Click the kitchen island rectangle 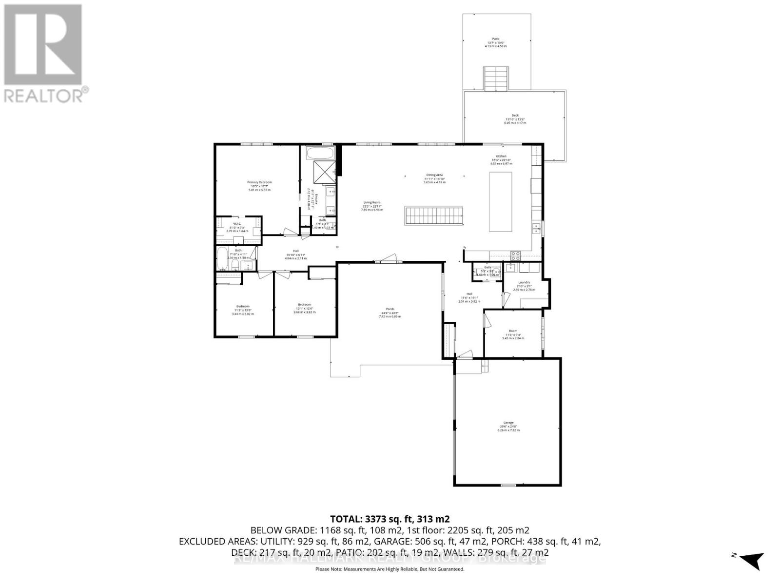[x=501, y=202]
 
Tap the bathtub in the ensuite [x=320, y=154]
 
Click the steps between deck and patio [x=496, y=78]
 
